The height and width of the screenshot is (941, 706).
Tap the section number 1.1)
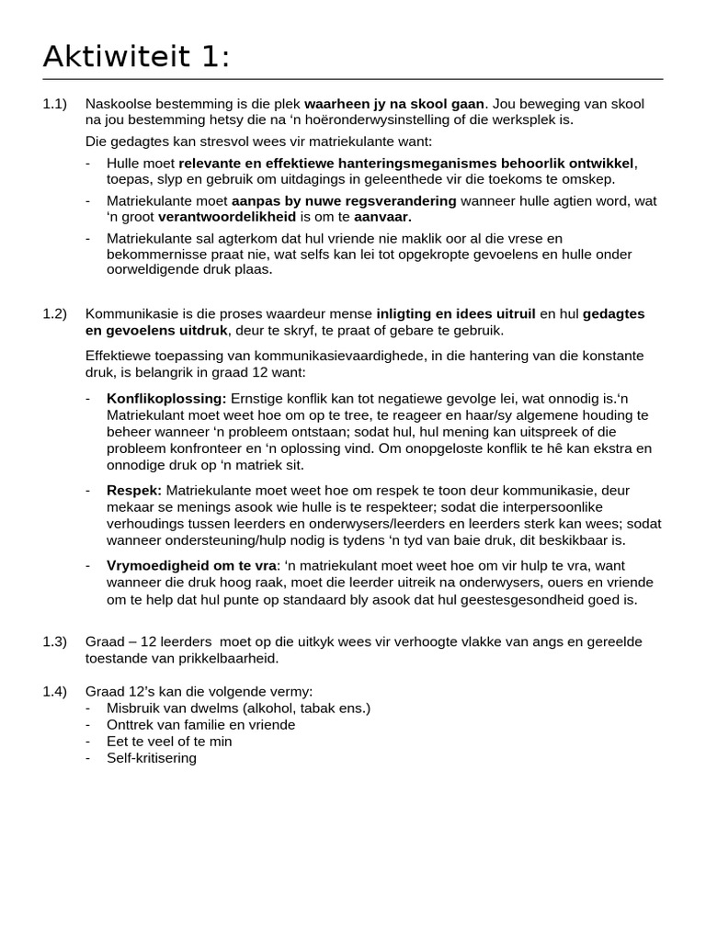click(55, 104)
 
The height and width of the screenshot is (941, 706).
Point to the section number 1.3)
click(55, 641)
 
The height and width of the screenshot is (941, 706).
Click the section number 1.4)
click(55, 691)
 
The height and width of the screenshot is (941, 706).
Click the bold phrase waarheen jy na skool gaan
click(393, 104)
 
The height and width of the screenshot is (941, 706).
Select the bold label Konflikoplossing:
click(166, 399)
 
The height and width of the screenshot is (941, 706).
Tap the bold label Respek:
click(134, 491)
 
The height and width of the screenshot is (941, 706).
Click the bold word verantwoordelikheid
click(227, 217)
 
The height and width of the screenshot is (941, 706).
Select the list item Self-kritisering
click(152, 758)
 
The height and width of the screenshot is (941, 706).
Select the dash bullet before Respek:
click(87, 491)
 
